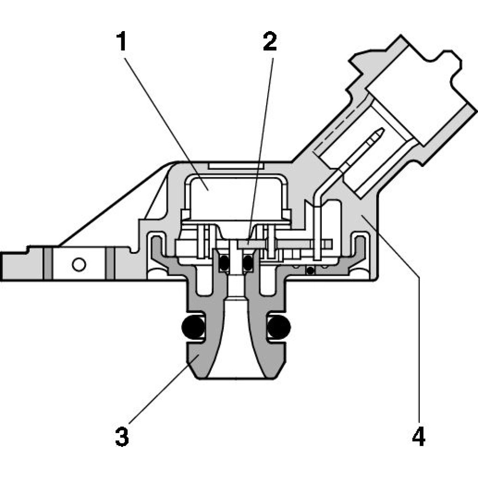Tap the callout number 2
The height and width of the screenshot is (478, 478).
tap(269, 43)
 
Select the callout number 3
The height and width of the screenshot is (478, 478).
tap(122, 436)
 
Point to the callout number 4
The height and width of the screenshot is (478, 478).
tap(418, 436)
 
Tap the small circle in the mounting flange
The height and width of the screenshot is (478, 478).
tap(79, 263)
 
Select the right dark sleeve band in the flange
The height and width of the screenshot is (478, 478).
tap(110, 263)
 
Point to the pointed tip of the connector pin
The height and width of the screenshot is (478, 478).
tap(381, 130)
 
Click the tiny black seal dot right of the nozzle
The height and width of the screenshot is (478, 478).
tap(310, 271)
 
